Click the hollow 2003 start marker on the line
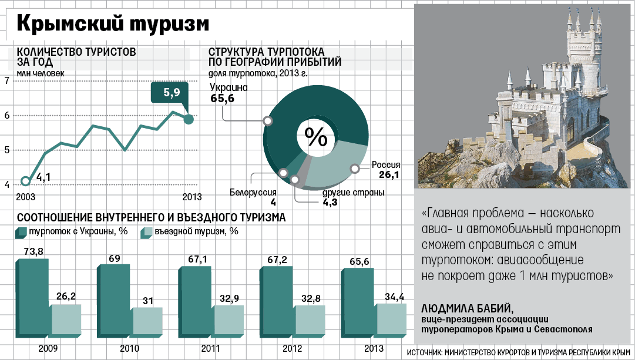click(x=25, y=181)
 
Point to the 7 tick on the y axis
click(x=6, y=80)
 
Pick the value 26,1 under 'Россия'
click(x=389, y=175)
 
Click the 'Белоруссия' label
click(x=253, y=193)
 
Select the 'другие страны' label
click(x=354, y=193)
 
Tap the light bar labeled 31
click(x=147, y=320)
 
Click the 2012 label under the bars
click(x=292, y=349)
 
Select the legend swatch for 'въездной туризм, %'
click(x=146, y=233)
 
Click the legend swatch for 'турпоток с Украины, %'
click(x=22, y=233)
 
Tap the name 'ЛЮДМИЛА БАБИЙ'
click(x=468, y=309)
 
